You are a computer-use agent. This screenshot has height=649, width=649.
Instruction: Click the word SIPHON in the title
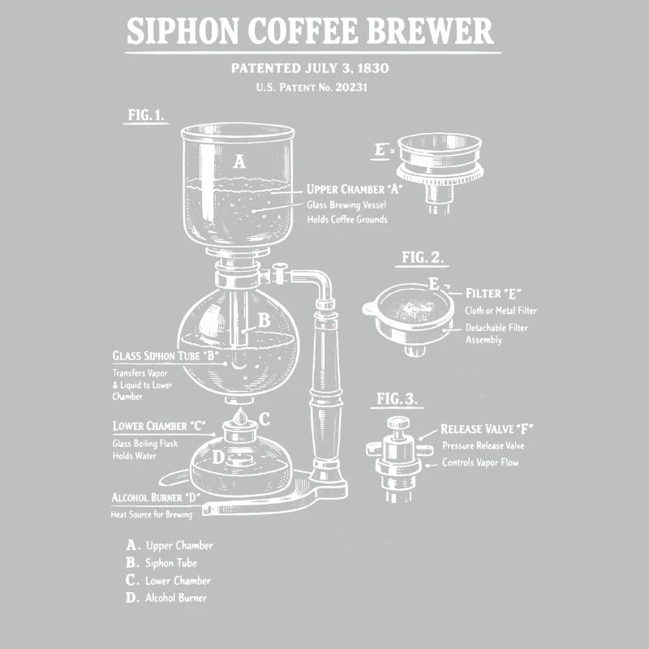tap(181, 32)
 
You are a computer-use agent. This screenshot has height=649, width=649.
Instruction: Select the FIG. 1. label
tap(146, 115)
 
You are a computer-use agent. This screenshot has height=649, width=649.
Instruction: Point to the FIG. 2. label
tap(423, 258)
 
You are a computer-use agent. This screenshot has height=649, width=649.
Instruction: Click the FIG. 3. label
tap(398, 398)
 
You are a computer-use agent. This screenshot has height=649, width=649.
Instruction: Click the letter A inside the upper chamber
tap(239, 161)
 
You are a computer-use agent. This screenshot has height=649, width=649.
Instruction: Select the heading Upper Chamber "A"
tap(355, 190)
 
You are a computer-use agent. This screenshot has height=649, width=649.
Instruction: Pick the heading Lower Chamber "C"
tap(160, 426)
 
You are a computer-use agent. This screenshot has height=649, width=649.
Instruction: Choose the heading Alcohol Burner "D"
tap(157, 496)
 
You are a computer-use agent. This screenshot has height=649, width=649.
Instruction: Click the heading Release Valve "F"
tap(487, 429)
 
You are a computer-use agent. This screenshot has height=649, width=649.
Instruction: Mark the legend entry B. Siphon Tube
tap(161, 563)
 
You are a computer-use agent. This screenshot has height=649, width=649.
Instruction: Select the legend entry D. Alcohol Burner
tap(166, 599)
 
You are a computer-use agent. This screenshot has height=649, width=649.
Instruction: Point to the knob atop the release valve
tap(398, 423)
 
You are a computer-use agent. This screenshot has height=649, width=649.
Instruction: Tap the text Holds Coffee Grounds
tap(346, 220)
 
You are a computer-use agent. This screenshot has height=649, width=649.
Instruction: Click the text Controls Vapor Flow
tap(479, 463)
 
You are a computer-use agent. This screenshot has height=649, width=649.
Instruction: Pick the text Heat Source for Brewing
tap(152, 514)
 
